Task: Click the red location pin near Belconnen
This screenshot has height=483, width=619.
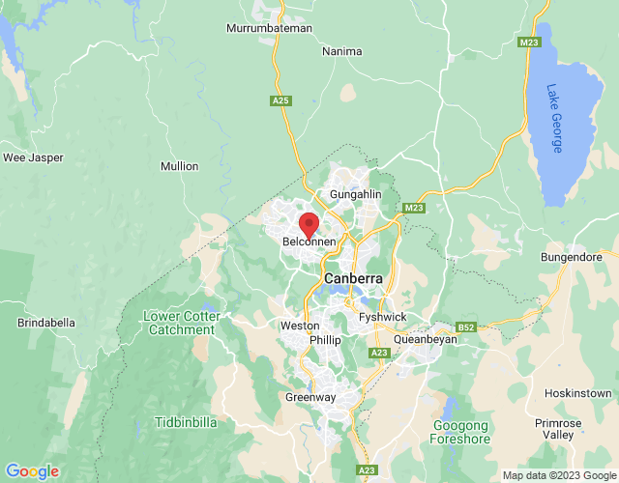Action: [x=309, y=225]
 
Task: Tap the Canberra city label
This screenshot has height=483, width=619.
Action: [x=353, y=278]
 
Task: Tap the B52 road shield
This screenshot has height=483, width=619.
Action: [x=467, y=328]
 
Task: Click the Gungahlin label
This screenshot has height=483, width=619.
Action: [x=356, y=194]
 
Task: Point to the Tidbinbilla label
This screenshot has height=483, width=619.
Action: [x=186, y=423]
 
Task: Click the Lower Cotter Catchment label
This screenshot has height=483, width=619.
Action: [x=182, y=323]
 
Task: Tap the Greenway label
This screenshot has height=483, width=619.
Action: [x=309, y=397]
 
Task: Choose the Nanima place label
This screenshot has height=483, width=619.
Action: [x=342, y=50]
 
